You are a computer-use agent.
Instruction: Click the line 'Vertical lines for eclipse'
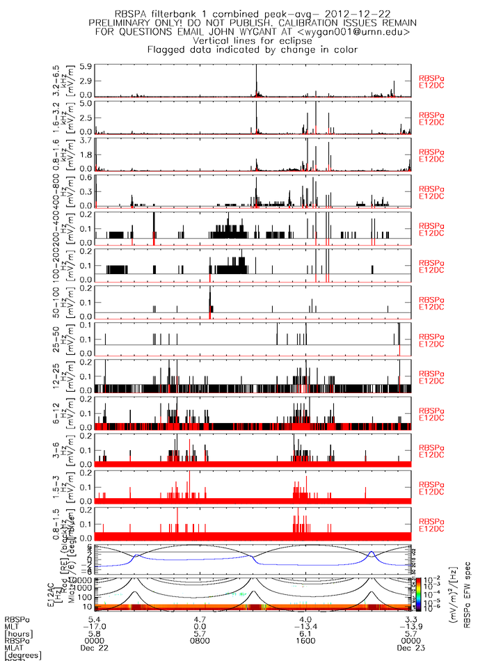[253, 40]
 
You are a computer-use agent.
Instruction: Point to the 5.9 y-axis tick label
[86, 67]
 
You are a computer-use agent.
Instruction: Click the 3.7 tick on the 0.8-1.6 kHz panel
[86, 141]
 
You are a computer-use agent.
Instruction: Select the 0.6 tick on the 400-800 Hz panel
[86, 177]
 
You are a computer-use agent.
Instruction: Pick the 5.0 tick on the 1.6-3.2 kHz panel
[86, 104]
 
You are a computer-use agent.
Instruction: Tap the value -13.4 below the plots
[304, 621]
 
